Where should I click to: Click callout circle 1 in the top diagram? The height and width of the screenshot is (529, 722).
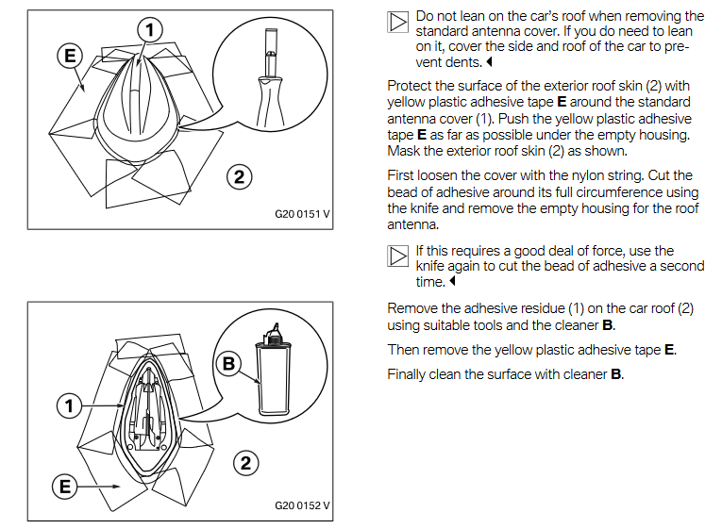148,30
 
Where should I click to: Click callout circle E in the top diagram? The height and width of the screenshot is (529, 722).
69,55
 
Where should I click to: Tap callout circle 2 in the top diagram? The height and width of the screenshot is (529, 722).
240,175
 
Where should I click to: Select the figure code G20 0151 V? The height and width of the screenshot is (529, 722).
302,214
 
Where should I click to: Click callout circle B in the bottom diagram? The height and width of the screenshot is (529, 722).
227,364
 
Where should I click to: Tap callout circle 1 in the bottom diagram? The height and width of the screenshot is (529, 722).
69,406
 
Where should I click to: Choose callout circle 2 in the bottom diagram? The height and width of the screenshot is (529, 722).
245,463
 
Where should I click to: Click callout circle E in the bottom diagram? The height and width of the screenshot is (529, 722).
65,488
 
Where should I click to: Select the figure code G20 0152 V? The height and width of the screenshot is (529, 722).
302,505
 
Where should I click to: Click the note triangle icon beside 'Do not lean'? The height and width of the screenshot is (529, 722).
398,22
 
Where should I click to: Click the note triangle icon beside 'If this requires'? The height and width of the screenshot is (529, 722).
398,256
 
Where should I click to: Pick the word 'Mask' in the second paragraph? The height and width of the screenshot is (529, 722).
404,151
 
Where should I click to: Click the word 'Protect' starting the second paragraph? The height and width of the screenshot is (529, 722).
411,86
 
